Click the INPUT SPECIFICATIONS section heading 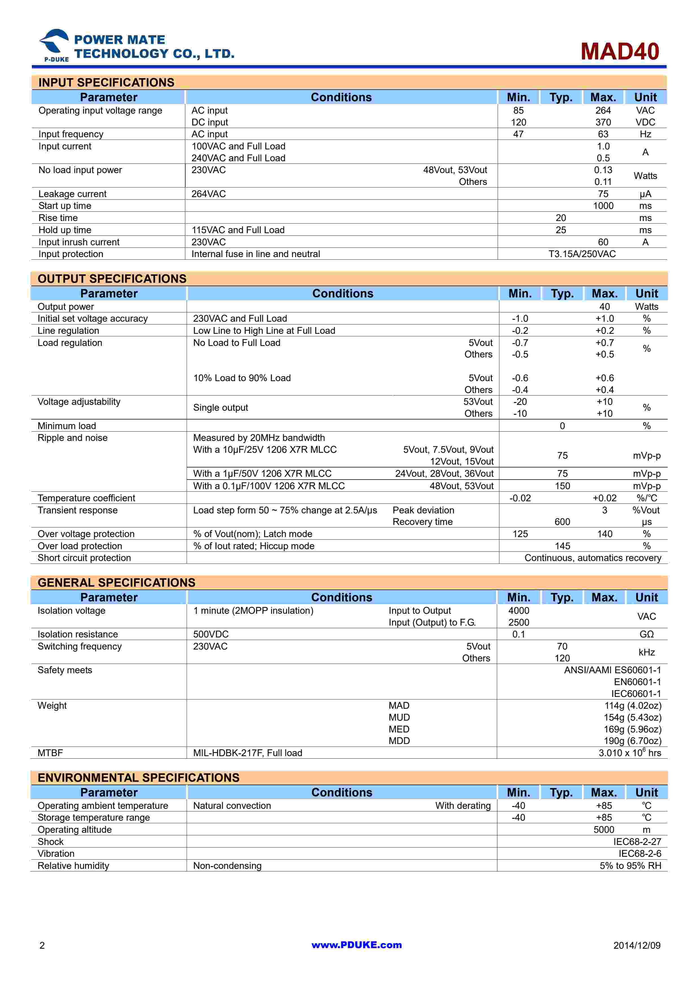pos(106,82)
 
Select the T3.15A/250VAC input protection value pos(582,254)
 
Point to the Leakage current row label pos(72,194)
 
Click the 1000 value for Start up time pos(603,206)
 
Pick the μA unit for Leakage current pos(645,194)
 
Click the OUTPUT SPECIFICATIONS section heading pos(112,279)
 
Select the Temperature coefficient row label pos(86,498)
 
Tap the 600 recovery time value pos(562,522)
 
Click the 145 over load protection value pos(562,546)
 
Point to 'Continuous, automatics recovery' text pos(593,558)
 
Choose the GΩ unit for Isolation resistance pos(647,635)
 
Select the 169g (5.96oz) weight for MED pos(632,729)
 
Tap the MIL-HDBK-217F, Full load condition pos(248,753)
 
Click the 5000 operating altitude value pos(604,830)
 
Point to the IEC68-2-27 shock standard pos(637,842)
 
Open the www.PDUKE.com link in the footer pos(357,945)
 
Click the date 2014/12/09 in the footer pos(637,946)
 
